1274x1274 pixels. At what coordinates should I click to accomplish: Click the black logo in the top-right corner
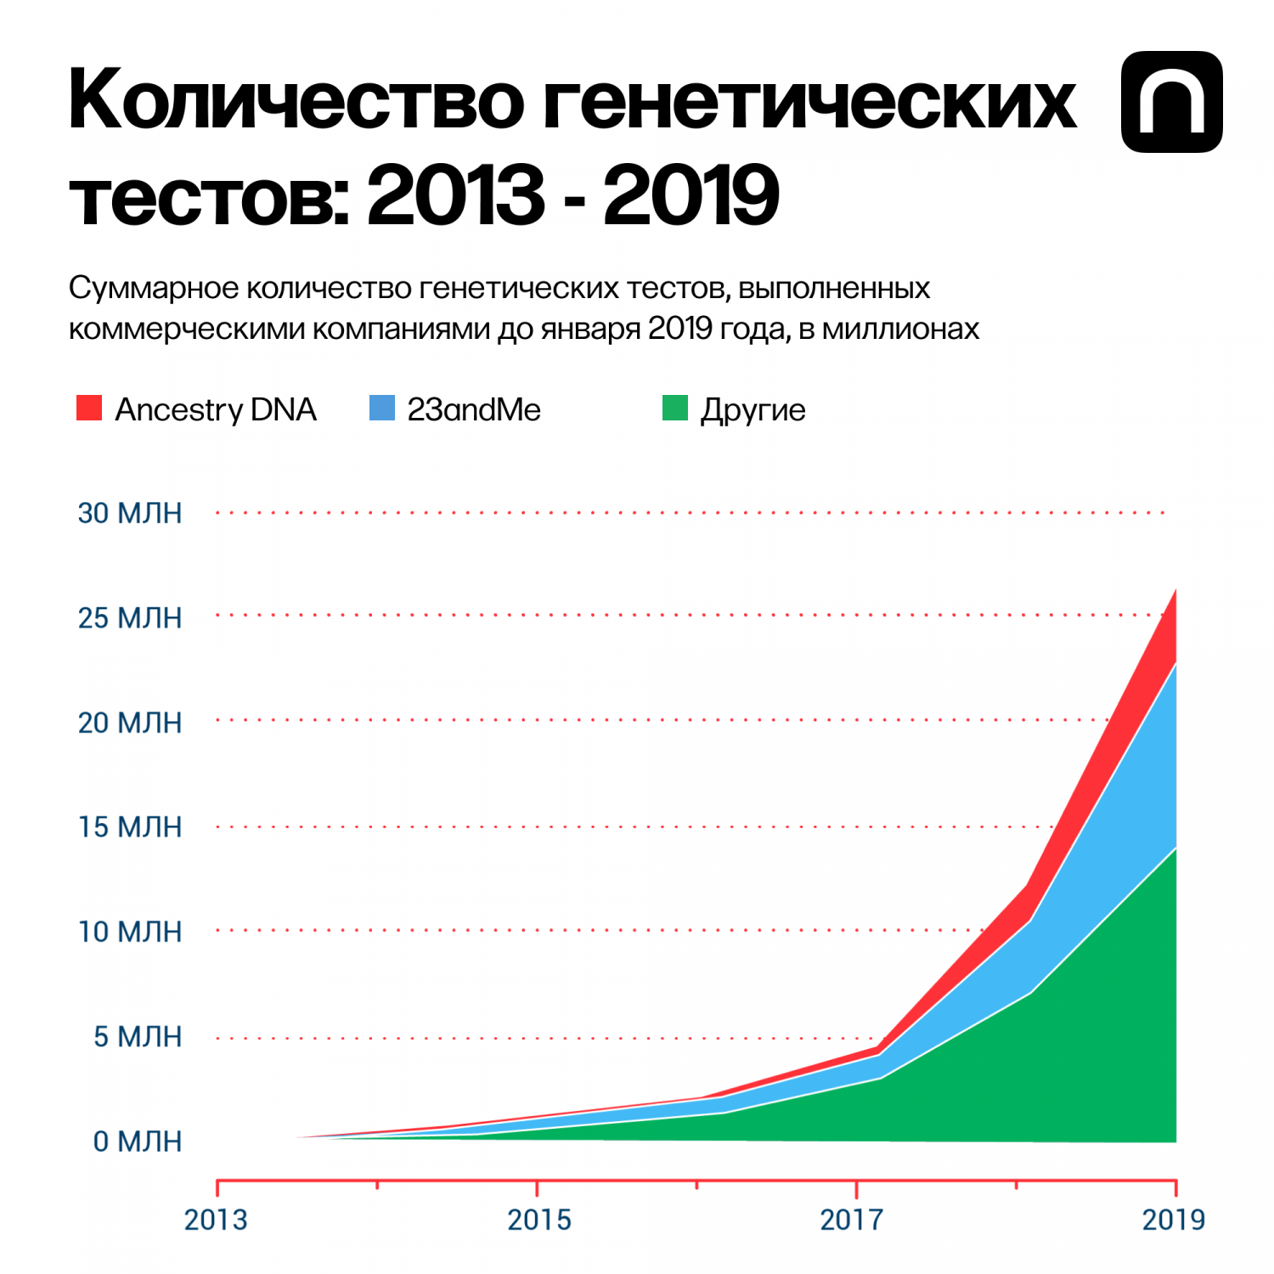(x=1172, y=102)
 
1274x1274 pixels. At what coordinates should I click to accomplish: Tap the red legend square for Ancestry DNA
(x=89, y=408)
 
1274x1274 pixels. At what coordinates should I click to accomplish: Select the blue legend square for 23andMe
(x=382, y=408)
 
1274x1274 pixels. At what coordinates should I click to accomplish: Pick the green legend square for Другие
(x=675, y=408)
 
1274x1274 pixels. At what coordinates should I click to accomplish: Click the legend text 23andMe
(x=474, y=409)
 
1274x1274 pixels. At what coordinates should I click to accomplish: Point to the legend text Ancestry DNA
(x=216, y=410)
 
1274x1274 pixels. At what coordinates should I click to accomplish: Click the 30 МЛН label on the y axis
(x=130, y=513)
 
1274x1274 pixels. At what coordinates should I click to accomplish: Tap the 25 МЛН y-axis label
(x=130, y=617)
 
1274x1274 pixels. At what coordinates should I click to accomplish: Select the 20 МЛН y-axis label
(x=130, y=723)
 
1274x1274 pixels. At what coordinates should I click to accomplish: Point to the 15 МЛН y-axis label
(x=130, y=827)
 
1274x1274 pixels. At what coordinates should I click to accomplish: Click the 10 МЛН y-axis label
(x=130, y=932)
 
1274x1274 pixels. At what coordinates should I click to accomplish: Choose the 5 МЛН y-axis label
(x=138, y=1037)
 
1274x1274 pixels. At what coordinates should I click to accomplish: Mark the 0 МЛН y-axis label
(x=138, y=1142)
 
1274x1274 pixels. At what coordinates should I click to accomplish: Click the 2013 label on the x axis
(x=216, y=1220)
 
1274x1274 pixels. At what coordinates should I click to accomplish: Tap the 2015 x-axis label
(x=539, y=1220)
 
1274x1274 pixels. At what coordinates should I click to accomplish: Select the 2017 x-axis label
(x=852, y=1220)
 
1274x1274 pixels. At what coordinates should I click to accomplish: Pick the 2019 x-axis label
(x=1174, y=1220)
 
